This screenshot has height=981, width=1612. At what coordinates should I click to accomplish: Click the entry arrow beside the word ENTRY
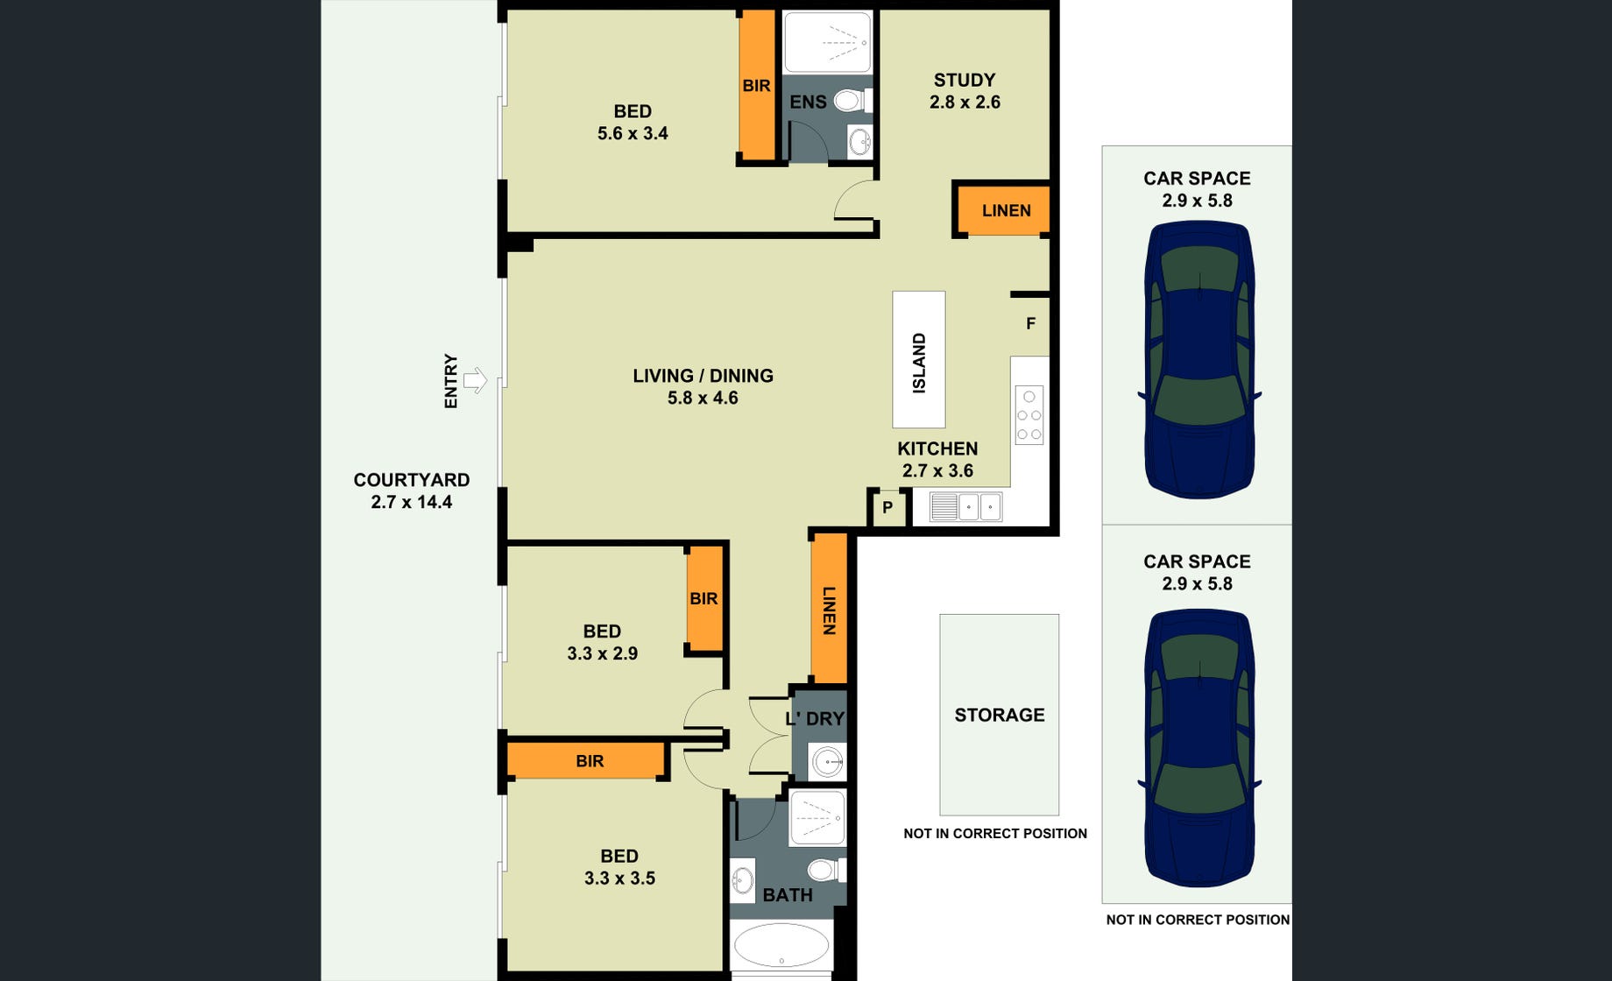(x=475, y=380)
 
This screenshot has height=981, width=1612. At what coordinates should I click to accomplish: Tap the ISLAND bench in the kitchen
(x=919, y=359)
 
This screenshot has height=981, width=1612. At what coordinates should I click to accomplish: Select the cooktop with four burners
(x=1029, y=415)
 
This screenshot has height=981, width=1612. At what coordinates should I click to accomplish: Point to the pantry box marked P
(x=887, y=507)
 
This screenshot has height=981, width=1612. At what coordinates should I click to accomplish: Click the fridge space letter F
(x=1031, y=323)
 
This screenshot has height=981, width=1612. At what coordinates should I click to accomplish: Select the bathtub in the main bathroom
(x=781, y=946)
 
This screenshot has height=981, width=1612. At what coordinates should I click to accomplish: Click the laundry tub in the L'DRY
(x=828, y=762)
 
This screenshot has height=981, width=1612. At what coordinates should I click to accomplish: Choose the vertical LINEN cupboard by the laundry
(x=829, y=608)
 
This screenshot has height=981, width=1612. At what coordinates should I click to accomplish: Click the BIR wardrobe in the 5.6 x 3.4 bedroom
(x=757, y=85)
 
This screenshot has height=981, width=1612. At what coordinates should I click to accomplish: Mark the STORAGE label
(x=1000, y=715)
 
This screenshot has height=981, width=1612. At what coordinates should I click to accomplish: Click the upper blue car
(x=1199, y=360)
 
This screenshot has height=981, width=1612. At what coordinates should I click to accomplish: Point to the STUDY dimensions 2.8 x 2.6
(x=965, y=102)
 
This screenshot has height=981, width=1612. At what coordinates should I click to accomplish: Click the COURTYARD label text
(x=412, y=480)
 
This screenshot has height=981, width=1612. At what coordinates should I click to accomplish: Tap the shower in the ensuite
(x=827, y=41)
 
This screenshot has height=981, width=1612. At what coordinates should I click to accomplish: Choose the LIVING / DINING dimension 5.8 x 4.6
(x=703, y=398)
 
